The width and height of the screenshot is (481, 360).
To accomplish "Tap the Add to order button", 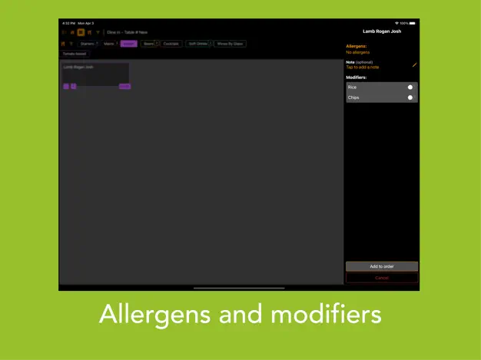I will pyautogui.click(x=382, y=266).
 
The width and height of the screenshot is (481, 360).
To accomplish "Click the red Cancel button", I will pyautogui.click(x=382, y=278).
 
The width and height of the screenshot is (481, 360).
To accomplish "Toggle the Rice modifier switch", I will pyautogui.click(x=411, y=88).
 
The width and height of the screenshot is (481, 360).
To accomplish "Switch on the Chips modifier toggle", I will pyautogui.click(x=411, y=97).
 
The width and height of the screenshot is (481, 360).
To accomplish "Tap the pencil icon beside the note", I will pyautogui.click(x=415, y=64).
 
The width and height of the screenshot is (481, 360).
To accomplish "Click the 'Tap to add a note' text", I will pyautogui.click(x=363, y=68).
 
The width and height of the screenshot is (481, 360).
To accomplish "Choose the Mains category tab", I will pyautogui.click(x=109, y=44).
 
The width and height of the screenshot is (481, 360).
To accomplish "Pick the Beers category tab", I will pyautogui.click(x=148, y=44).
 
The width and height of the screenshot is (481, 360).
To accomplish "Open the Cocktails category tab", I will pyautogui.click(x=171, y=44).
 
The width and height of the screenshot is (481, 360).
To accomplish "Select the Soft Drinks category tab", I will pyautogui.click(x=198, y=44).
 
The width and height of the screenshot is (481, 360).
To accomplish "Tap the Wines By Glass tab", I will pyautogui.click(x=230, y=44).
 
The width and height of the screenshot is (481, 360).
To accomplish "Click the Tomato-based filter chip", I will pyautogui.click(x=75, y=54).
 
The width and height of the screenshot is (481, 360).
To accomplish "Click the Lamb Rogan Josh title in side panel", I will pyautogui.click(x=382, y=31).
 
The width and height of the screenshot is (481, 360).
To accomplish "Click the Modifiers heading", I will pyautogui.click(x=357, y=78).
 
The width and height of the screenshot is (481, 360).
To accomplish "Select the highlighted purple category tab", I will pyautogui.click(x=129, y=44).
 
